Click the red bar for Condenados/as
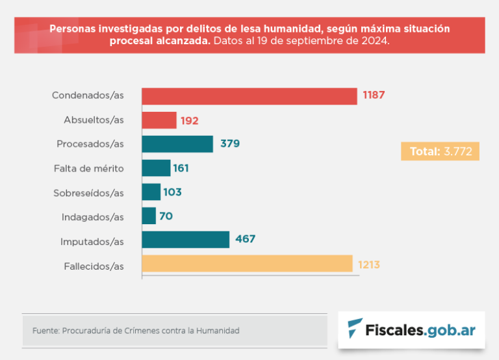tap(249, 96)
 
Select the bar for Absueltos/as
tap(159, 120)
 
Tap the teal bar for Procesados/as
tap(177, 144)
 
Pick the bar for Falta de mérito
tap(156, 168)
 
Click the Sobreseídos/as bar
tap(151, 192)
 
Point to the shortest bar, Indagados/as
tap(149, 216)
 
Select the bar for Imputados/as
tap(186, 240)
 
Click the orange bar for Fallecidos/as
tap(247, 264)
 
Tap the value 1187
tap(374, 96)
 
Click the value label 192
tap(190, 120)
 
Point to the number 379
tap(229, 144)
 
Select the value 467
tap(245, 240)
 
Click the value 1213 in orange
tap(368, 264)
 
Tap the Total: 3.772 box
tap(440, 151)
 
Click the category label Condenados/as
tap(88, 96)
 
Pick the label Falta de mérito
tap(88, 168)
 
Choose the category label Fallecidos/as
tap(94, 265)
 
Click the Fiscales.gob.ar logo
tap(411, 329)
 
